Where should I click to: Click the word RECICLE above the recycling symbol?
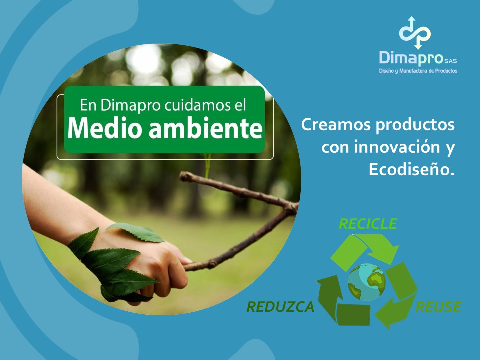tap(368, 224)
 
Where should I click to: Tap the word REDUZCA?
tap(280, 307)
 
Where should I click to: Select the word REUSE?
tap(438, 307)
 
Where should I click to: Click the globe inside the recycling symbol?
tap(367, 282)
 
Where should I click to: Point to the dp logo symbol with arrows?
tap(415, 33)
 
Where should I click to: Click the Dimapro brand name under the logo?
tap(411, 58)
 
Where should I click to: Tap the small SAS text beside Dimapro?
tap(451, 61)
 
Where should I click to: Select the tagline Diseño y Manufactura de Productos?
tap(418, 71)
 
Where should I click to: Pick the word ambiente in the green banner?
tap(206, 128)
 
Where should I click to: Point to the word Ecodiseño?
tap(411, 169)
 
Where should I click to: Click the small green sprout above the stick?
tap(208, 165)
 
